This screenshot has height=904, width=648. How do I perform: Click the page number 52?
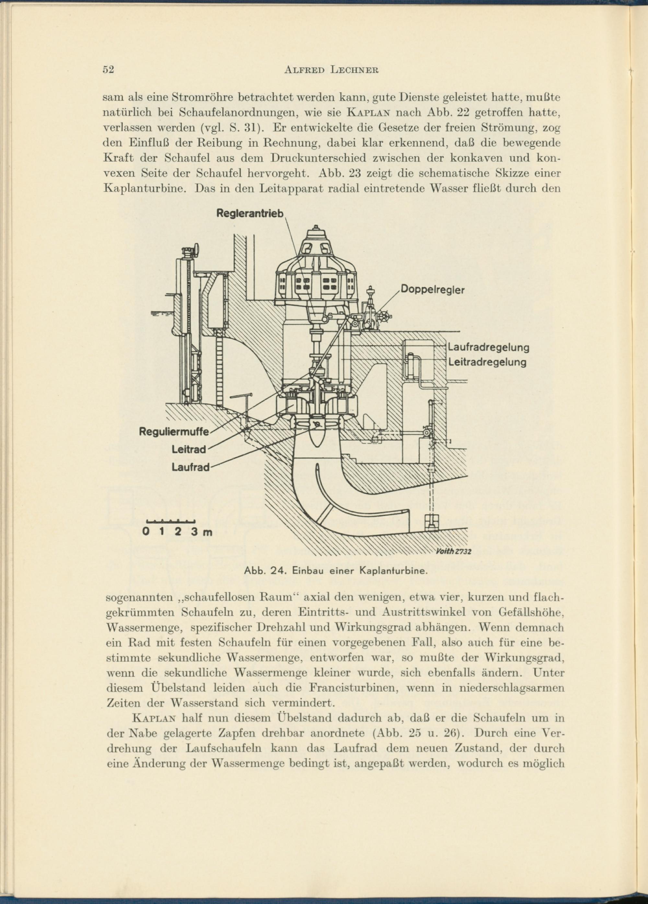[x=108, y=70]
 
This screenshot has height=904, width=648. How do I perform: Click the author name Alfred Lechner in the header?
[x=331, y=70]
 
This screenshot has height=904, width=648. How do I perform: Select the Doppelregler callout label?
[x=432, y=290]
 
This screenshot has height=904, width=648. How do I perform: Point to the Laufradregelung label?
[x=489, y=348]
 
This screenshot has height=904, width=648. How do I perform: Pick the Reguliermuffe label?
[x=174, y=431]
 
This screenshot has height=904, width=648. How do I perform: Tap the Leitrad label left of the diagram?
[x=189, y=450]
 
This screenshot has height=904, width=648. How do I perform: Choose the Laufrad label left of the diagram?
[x=190, y=467]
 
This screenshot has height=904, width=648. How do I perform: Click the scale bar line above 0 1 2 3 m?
[x=170, y=521]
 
